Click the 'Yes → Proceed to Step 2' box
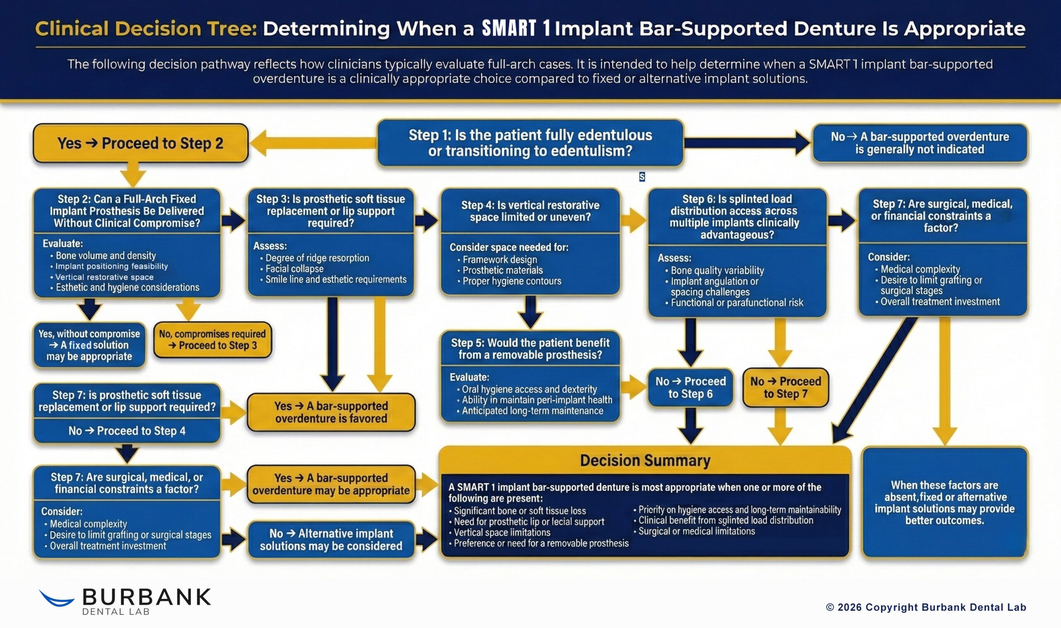140,143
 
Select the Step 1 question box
530,143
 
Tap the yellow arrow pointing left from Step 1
313,143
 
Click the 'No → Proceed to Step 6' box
690,387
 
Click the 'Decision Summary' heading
645,461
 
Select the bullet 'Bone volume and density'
105,256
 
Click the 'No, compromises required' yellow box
212,340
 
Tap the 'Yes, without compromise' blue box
89,345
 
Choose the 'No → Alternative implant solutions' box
331,540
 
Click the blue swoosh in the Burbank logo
56,599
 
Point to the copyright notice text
925,607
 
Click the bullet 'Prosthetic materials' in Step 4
502,270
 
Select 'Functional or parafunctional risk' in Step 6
736,303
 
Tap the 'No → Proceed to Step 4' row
127,431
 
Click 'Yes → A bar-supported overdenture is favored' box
331,412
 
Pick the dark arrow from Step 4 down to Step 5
530,312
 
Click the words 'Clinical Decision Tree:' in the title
146,29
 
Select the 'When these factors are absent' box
944,502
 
